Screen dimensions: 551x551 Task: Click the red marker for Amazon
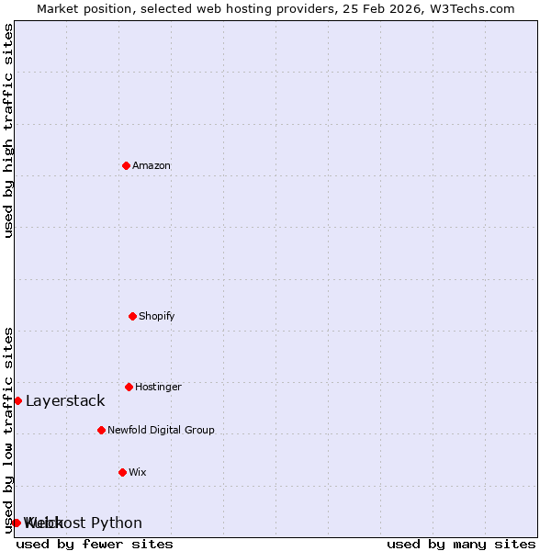click(x=126, y=165)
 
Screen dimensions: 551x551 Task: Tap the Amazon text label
click(x=152, y=165)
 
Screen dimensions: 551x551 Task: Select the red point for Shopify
click(x=132, y=316)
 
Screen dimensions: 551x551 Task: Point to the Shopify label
click(x=157, y=316)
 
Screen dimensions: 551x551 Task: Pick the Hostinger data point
click(x=129, y=387)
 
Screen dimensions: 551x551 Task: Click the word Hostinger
click(x=158, y=387)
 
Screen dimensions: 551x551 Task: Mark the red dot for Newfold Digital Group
click(x=101, y=430)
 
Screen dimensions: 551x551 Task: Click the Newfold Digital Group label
click(x=161, y=430)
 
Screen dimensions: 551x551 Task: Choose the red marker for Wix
click(x=122, y=472)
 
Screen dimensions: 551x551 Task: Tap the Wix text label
click(x=138, y=472)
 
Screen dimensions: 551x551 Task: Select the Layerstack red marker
click(x=17, y=400)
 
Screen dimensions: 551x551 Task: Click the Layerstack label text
click(x=65, y=400)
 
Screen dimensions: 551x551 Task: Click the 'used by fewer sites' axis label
click(x=95, y=544)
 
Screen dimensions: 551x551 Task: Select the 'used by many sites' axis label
click(x=461, y=544)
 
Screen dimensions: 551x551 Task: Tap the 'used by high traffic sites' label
click(x=8, y=130)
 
